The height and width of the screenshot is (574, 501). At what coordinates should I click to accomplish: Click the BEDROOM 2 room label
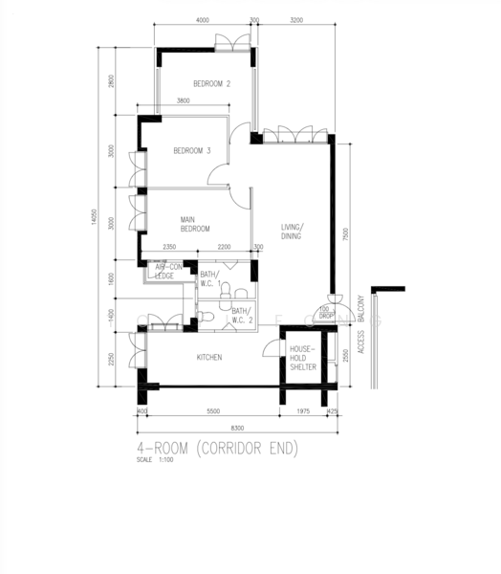pos(211,84)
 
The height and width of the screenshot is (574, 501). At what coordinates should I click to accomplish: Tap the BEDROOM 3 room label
pos(191,150)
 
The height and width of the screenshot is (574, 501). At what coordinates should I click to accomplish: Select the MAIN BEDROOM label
pos(195,224)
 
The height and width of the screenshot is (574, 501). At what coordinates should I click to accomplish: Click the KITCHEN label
pos(209,357)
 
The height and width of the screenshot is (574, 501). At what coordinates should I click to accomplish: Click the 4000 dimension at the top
pos(202,20)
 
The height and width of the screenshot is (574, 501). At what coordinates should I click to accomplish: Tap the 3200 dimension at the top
pos(296,20)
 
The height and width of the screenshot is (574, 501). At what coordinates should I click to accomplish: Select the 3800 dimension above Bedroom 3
pos(183,101)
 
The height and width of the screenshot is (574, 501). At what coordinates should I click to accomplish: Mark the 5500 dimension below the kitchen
pos(212,410)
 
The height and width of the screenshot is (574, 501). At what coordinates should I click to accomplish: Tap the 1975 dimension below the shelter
pos(302,410)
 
